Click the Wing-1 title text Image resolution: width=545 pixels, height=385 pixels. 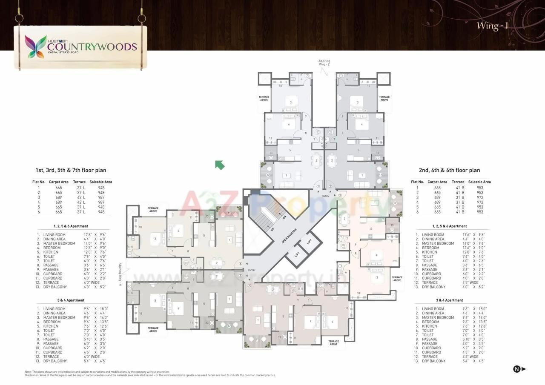tap(492, 26)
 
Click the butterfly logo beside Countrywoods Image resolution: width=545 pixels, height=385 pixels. tap(36, 46)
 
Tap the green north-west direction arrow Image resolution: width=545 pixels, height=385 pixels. tap(220, 165)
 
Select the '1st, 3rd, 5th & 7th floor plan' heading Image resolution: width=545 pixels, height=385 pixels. tap(71, 170)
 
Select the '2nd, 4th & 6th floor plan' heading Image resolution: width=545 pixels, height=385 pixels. tap(449, 170)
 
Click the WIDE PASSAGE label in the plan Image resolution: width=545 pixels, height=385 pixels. tap(289, 236)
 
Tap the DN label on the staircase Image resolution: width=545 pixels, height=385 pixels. tap(284, 217)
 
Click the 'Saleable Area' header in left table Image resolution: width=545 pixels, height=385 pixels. tap(100, 182)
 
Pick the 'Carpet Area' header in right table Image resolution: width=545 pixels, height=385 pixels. tap(437, 182)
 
